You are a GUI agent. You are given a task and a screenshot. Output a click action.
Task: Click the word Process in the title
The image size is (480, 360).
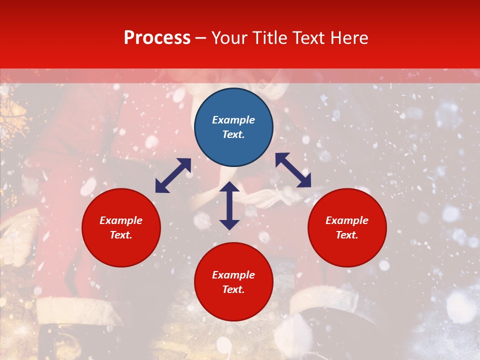pyautogui.click(x=157, y=38)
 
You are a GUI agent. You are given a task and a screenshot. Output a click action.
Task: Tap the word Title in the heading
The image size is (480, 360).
pyautogui.click(x=272, y=38)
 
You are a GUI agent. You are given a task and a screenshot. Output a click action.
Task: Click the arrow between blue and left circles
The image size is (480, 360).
pyautogui.click(x=173, y=175)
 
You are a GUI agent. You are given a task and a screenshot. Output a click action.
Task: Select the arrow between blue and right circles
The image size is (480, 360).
pyautogui.click(x=293, y=170)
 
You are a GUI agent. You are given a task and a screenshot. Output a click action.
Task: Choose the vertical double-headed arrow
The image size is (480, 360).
pyautogui.click(x=229, y=205)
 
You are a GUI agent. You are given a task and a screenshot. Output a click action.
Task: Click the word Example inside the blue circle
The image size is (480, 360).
pyautogui.click(x=233, y=120)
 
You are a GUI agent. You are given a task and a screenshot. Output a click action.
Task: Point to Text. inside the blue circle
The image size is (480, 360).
pyautogui.click(x=233, y=134)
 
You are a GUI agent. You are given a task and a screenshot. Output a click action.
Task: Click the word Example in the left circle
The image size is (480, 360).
pyautogui.click(x=121, y=220)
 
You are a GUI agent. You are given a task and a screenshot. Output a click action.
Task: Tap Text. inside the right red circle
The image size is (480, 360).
pyautogui.click(x=347, y=235)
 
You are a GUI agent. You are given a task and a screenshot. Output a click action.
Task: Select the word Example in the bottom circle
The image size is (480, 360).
pyautogui.click(x=233, y=275)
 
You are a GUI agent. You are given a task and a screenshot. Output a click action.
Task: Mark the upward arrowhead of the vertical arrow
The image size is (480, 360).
pyautogui.click(x=229, y=187)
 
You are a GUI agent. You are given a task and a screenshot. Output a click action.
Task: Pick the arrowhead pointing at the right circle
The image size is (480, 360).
pyautogui.click(x=304, y=181)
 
